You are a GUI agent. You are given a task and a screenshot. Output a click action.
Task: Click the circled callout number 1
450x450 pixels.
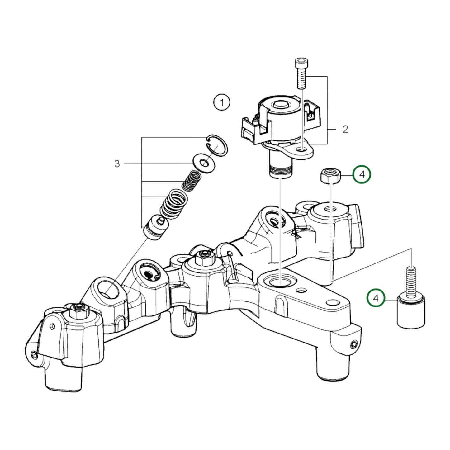tap(222, 102)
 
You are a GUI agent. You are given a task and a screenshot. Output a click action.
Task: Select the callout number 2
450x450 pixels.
tap(345, 129)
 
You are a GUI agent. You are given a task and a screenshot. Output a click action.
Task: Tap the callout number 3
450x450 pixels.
tap(117, 163)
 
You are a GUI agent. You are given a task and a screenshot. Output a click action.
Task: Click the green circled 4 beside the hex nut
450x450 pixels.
tap(362, 175)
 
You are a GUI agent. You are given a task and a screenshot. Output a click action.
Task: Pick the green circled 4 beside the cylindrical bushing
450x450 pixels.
tap(376, 298)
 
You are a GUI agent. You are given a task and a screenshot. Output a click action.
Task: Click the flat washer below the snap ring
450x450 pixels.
tap(204, 163)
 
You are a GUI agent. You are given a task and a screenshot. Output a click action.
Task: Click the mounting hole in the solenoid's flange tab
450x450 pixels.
tap(301, 150)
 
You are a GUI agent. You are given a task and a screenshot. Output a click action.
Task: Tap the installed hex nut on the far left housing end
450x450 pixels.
tap(77, 309)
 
